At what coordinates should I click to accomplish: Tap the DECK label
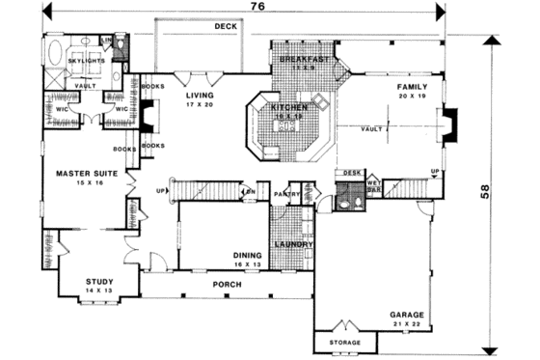coord(226,28)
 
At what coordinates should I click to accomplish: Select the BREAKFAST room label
coord(305,60)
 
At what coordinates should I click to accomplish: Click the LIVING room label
coord(201,96)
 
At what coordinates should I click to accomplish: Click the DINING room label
coord(248,256)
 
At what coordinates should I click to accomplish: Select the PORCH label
coord(228,287)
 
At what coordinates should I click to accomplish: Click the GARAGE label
coord(408,315)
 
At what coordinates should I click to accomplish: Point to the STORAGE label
coord(346,343)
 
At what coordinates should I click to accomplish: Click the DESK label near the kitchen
coord(351,174)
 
